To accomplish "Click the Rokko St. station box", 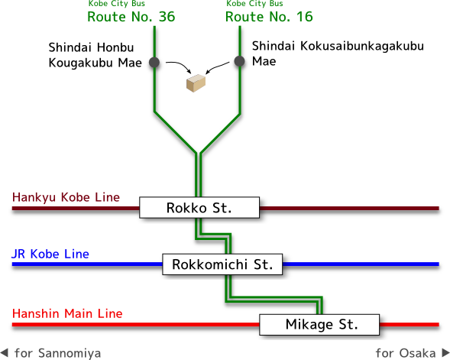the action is (x=199, y=208).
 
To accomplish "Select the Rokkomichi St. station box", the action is (x=222, y=264).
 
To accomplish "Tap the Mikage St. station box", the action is (x=319, y=324).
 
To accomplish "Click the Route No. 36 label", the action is (x=131, y=17).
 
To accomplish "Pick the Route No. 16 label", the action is (x=269, y=17).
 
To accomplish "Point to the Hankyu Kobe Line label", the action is (x=66, y=197).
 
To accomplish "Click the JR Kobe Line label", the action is (x=50, y=254).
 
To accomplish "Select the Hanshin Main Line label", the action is (x=67, y=313).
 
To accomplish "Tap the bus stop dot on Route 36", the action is (x=154, y=63).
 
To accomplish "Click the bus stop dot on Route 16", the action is (x=239, y=61).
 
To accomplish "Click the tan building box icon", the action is (x=196, y=83).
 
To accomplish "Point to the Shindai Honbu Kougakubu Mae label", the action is (x=95, y=55).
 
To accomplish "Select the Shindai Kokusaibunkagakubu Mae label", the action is (x=338, y=54).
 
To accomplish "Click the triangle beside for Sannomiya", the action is (x=5, y=352).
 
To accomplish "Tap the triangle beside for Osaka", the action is (x=445, y=352).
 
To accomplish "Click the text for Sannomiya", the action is (x=58, y=353).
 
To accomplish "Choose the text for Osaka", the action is (x=406, y=353).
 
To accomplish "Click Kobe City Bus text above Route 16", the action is (x=254, y=4).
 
